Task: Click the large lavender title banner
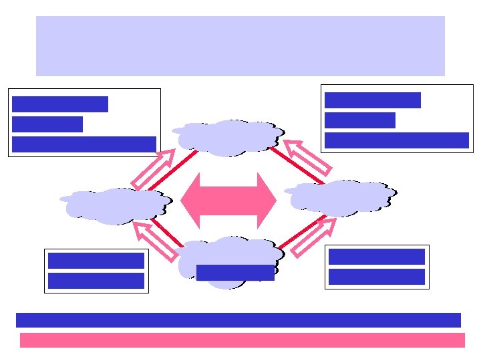click(x=240, y=45)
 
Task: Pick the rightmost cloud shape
click(x=341, y=197)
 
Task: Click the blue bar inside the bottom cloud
click(x=235, y=273)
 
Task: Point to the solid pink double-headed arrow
click(x=228, y=201)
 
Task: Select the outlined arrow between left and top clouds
click(x=153, y=168)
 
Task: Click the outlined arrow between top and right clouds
click(x=307, y=156)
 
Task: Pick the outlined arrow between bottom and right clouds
click(x=313, y=237)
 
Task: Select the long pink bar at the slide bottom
click(x=242, y=340)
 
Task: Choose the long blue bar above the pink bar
click(x=238, y=320)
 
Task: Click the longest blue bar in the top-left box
click(x=84, y=144)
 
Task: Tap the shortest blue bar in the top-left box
click(x=47, y=124)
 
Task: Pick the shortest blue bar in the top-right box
click(x=360, y=120)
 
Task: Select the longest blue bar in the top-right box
click(x=397, y=140)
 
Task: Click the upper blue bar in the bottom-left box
click(x=96, y=261)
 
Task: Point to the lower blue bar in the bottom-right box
click(x=377, y=277)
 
